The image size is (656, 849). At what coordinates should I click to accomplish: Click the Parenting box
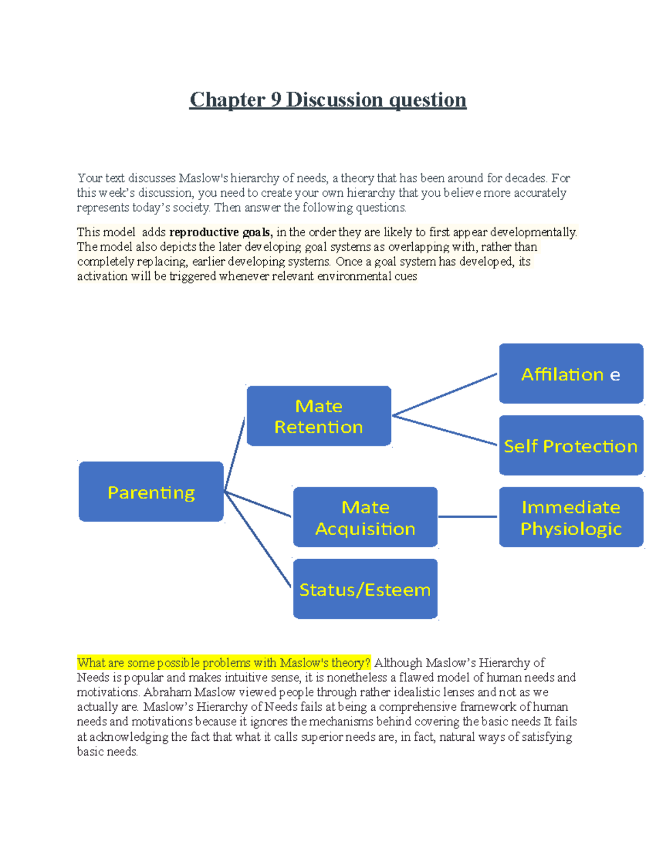[x=151, y=491]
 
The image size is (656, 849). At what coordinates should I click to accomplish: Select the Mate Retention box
[x=319, y=416]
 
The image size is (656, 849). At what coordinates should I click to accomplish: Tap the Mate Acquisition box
[x=365, y=517]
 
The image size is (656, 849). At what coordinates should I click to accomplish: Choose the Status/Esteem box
[x=365, y=589]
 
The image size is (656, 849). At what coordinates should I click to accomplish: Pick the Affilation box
[x=571, y=374]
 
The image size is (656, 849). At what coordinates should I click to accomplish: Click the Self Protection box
[x=571, y=446]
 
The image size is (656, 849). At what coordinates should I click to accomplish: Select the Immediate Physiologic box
[x=571, y=517]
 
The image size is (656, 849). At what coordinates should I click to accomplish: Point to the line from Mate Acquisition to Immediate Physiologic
[x=468, y=516]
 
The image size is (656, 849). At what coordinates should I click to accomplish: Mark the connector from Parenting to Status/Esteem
[x=257, y=540]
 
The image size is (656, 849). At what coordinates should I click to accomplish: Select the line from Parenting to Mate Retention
[x=235, y=454]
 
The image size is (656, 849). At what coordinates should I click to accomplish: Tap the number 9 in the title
[x=276, y=100]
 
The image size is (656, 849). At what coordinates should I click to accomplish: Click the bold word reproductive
[x=203, y=232]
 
